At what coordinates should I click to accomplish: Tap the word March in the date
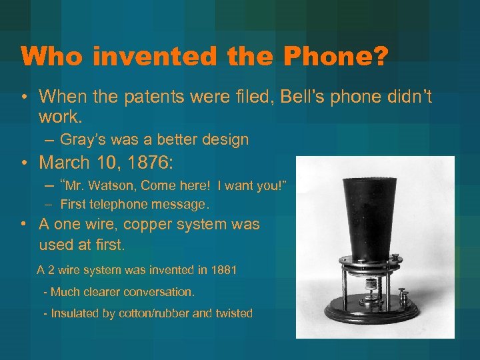coord(66,162)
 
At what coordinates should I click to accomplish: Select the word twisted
coord(233,313)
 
